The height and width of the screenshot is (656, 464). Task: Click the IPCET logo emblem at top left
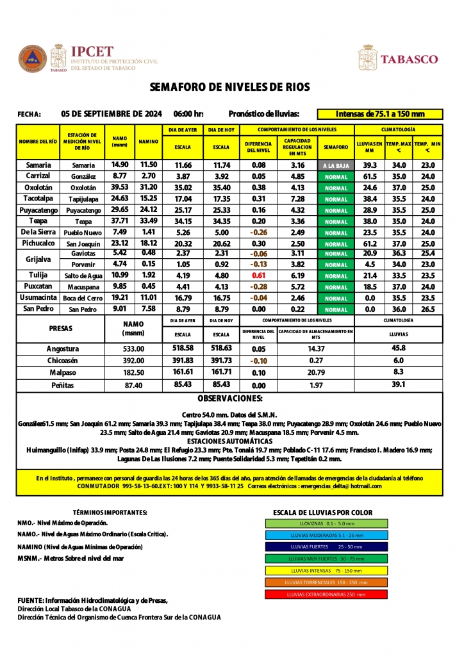coord(32,59)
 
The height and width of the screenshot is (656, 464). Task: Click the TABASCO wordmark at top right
coord(410,59)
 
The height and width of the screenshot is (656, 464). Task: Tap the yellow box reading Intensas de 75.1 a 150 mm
coord(380,114)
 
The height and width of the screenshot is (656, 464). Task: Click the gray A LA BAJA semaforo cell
coord(336,165)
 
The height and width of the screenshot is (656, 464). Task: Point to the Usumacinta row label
coord(38,299)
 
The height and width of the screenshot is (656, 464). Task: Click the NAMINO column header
coord(149,141)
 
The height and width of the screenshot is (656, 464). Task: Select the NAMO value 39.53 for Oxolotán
coord(120,188)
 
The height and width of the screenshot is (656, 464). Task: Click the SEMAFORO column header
coord(336,147)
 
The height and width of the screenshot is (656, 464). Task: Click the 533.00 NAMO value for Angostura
coord(133,349)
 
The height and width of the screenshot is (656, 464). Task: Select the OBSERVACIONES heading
coord(229,398)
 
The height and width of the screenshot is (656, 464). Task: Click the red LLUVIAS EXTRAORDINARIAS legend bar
coord(326,594)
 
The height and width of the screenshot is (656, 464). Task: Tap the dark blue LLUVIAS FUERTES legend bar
coord(326,546)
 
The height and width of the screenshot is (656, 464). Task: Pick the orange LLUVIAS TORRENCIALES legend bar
coord(326,582)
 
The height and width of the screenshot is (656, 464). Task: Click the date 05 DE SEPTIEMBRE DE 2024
coord(111,114)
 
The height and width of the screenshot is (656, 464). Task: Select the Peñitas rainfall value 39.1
coord(398,384)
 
